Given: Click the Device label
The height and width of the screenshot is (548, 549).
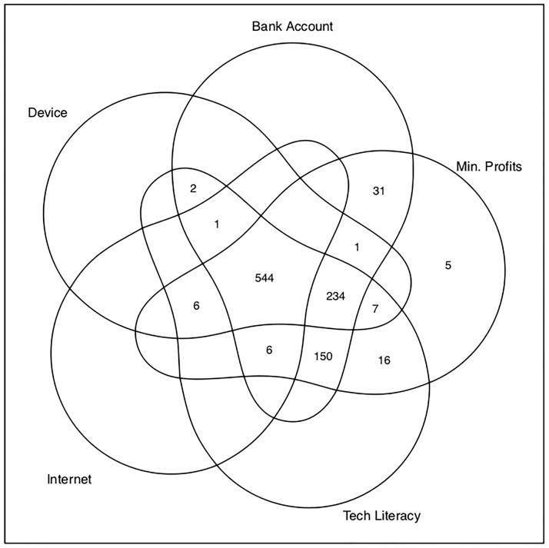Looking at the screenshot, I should [x=48, y=113].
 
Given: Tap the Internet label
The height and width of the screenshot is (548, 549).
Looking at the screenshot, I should [x=69, y=480].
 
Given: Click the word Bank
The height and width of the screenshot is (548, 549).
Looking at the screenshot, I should [x=266, y=26].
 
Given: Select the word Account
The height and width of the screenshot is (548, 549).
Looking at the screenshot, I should [x=308, y=26].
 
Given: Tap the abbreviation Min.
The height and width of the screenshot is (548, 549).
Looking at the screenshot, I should [x=468, y=166].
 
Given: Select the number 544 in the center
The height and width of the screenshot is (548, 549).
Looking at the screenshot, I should [x=265, y=277].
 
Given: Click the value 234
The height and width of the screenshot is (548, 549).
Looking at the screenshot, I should [x=335, y=296].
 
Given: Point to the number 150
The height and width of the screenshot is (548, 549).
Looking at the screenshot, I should [x=324, y=356].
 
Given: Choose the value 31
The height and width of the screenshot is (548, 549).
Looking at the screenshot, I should [x=378, y=190].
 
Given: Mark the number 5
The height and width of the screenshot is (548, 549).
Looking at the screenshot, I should [x=448, y=265].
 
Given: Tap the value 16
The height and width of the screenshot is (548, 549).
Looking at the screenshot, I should [x=384, y=360].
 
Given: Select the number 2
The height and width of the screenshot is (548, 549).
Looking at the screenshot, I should [x=193, y=188].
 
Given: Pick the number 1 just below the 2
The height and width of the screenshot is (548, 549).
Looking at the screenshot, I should [x=217, y=224].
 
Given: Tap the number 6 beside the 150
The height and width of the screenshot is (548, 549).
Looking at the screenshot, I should [x=269, y=349].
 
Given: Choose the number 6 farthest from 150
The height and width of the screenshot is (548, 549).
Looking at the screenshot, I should [x=196, y=305].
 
